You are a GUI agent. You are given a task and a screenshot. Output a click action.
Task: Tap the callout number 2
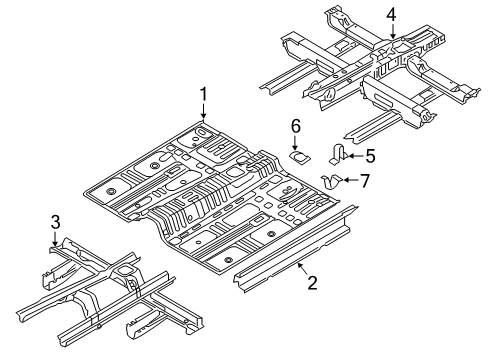tap(312, 283)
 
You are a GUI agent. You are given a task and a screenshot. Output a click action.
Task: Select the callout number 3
tap(56, 220)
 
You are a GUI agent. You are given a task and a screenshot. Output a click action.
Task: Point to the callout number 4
tap(392, 14)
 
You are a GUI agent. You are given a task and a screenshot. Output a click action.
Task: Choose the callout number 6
tap(295, 125)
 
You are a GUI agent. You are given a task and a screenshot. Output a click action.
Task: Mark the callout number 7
tap(365, 180)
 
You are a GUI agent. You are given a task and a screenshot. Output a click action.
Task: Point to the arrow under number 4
tap(392, 32)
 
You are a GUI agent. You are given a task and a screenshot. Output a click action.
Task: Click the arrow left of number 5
tap(352, 155)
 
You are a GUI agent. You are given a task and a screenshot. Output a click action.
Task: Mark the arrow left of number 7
tap(347, 180)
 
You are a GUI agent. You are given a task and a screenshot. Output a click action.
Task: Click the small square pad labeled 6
tap(298, 155)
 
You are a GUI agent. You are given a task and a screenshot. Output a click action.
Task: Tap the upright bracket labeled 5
tap(338, 153)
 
